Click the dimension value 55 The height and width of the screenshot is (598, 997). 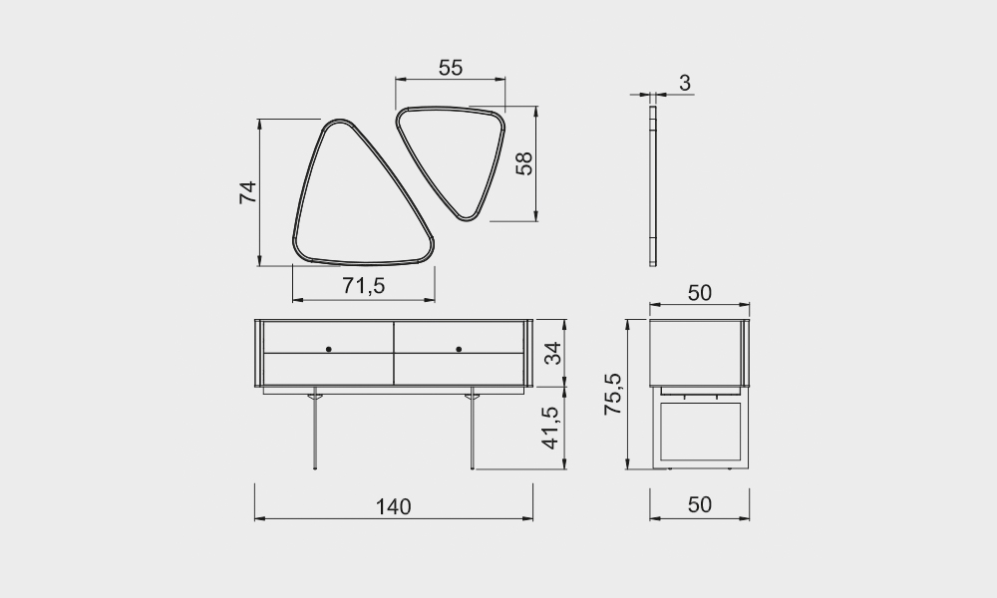451,68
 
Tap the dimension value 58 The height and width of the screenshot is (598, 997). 524,163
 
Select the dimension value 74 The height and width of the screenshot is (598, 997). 247,192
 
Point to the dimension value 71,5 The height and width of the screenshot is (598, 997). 364,286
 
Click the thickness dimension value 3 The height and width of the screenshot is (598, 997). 685,83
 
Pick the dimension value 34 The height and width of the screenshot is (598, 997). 553,353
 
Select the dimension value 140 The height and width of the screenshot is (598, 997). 394,506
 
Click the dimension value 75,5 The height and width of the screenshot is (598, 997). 613,394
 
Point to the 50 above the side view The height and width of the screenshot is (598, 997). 700,293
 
